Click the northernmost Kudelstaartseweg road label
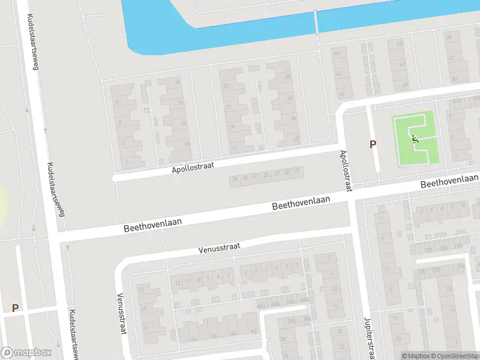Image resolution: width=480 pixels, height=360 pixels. pyautogui.click(x=30, y=43)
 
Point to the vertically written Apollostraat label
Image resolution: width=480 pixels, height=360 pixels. pyautogui.click(x=346, y=171)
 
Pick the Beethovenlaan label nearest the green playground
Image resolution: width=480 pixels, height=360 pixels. pyautogui.click(x=449, y=181)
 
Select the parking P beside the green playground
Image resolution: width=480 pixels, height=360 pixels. pyautogui.click(x=373, y=144)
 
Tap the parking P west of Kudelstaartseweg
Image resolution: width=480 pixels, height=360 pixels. pyautogui.click(x=15, y=308)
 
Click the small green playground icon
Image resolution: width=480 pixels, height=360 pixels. pyautogui.click(x=414, y=139)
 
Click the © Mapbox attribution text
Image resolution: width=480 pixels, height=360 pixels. pyautogui.click(x=416, y=355)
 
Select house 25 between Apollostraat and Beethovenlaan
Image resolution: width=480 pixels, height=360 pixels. pyautogui.click(x=235, y=179)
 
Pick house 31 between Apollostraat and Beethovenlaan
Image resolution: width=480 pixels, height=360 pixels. pyautogui.click(x=297, y=172)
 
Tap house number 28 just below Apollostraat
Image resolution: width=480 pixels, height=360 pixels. pyautogui.click(x=266, y=175)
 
